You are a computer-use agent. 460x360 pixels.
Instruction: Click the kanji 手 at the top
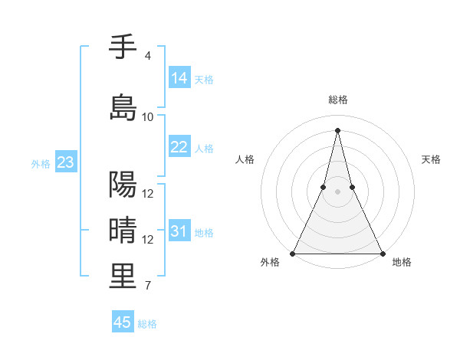click(123, 47)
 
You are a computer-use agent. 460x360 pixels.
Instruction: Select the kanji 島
click(123, 107)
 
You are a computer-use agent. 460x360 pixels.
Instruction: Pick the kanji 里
click(123, 277)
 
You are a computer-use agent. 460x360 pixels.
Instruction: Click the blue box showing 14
click(179, 78)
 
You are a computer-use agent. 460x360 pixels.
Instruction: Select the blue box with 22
click(179, 147)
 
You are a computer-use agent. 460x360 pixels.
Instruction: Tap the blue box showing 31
click(179, 231)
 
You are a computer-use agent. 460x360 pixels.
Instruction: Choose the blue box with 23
click(65, 162)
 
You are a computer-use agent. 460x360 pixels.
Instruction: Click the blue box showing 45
click(123, 322)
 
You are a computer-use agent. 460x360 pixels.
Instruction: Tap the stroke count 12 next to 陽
click(148, 194)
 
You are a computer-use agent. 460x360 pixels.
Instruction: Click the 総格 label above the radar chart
click(337, 100)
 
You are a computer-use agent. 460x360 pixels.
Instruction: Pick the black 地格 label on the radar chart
click(402, 263)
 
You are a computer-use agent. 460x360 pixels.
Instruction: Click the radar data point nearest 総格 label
click(337, 129)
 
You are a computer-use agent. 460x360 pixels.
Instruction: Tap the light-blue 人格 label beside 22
click(204, 148)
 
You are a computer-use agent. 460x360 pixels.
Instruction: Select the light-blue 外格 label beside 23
click(41, 163)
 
